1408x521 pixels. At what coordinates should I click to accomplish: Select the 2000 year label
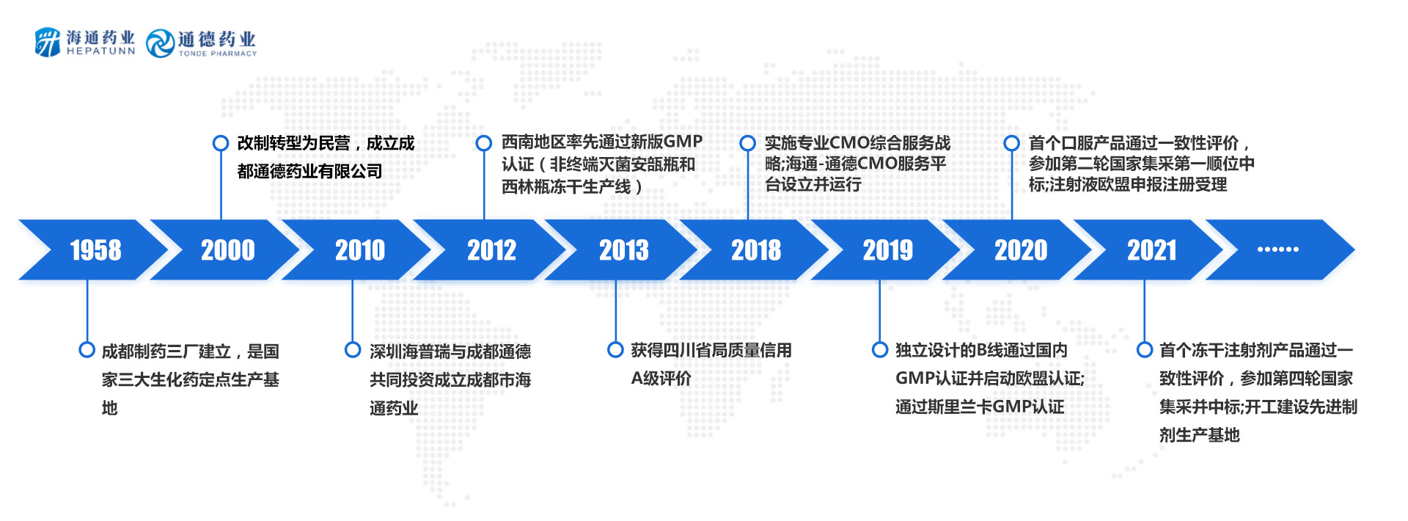point(228,250)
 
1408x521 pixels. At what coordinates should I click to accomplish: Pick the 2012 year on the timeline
point(492,250)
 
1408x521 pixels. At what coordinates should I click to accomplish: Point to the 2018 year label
point(756,250)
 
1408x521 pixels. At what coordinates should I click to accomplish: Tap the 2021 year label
point(1152,250)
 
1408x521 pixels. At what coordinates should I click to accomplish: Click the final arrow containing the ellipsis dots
point(1280,249)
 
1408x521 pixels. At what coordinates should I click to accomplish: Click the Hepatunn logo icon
point(48,42)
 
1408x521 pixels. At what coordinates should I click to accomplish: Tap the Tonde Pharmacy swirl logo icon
point(160,43)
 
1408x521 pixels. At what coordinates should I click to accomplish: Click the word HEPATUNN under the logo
point(100,51)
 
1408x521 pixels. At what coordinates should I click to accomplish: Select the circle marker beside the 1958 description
point(87,350)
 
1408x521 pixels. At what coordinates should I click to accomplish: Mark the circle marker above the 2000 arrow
point(221,143)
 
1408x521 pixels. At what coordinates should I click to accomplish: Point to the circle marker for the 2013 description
point(616,350)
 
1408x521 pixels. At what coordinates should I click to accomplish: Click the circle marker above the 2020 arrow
point(1012,143)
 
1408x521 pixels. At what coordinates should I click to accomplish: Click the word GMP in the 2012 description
point(683,142)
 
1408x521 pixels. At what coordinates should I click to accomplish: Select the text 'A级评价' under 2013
point(661,379)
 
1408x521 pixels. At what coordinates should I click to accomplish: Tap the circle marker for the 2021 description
point(1145,350)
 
